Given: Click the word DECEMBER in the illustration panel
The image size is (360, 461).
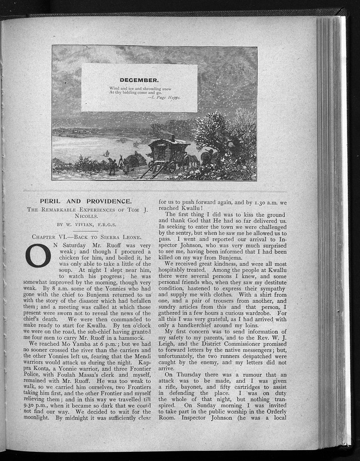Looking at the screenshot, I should point(139,79).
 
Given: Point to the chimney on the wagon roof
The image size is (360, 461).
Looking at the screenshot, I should point(173,138).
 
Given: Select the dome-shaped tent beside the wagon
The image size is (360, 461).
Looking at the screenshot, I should point(134,160).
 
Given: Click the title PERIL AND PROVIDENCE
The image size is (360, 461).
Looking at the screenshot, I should point(85,201).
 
